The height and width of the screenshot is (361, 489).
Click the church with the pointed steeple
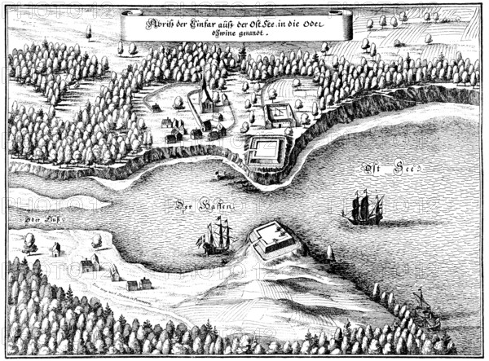tap(208, 102)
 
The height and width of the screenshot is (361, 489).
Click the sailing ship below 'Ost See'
tap(363, 209)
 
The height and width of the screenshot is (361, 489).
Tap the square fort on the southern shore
tap(274, 240)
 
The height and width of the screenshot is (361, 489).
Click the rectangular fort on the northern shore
tap(266, 149)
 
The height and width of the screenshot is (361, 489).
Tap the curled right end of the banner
tap(346, 24)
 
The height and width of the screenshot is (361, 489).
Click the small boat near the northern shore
tap(218, 174)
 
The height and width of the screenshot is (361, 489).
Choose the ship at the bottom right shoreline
tap(423, 306)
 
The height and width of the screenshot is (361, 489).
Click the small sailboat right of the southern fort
tap(331, 253)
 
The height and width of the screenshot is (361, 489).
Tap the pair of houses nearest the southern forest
tap(139, 284)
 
